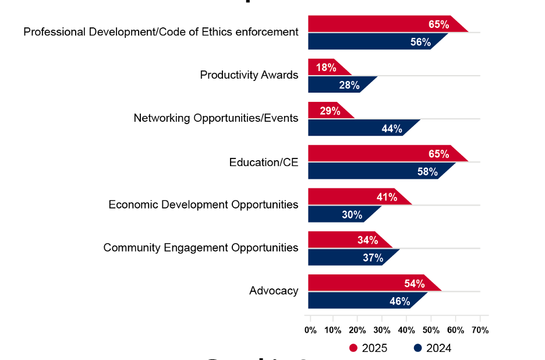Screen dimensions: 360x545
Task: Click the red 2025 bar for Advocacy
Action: click(367, 283)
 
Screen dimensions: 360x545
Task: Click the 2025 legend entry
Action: click(368, 348)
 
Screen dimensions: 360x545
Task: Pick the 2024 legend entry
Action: click(433, 348)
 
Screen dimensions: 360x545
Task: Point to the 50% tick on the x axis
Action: click(431, 330)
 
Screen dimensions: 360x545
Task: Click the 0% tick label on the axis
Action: click(310, 330)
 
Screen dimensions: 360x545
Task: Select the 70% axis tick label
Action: click(480, 330)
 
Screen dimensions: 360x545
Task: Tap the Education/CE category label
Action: click(263, 162)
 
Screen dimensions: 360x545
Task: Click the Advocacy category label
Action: click(274, 291)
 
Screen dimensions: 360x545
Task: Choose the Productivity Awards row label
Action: click(249, 75)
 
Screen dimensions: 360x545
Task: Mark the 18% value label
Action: click(326, 68)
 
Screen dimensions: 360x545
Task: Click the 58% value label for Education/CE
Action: click(427, 172)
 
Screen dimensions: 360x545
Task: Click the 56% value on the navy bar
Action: click(420, 42)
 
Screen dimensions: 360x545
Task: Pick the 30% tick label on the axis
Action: click(383, 330)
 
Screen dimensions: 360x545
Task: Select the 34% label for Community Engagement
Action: click(367, 240)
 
